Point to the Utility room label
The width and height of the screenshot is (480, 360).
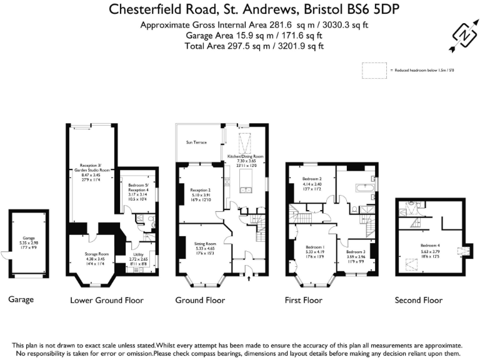tap(139, 255)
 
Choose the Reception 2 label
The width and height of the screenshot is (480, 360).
tap(200, 189)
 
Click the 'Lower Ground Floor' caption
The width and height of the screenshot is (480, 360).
tap(107, 300)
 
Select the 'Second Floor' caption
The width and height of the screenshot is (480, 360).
tap(418, 300)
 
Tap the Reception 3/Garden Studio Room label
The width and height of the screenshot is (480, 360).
tap(91, 169)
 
